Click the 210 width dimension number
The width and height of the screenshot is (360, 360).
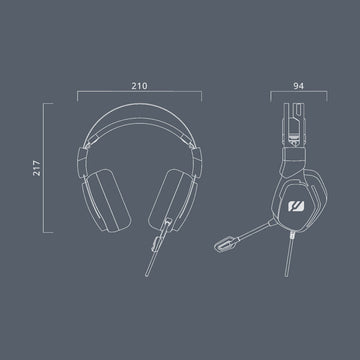pos(139,86)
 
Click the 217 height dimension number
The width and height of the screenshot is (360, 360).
pos(37,168)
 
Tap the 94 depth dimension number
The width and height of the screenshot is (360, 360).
pos(299,86)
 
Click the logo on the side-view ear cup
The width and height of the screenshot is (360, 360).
pos(296,206)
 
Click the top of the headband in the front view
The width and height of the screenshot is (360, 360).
pos(140,105)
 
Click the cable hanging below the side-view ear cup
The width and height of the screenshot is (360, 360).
pos(289,255)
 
